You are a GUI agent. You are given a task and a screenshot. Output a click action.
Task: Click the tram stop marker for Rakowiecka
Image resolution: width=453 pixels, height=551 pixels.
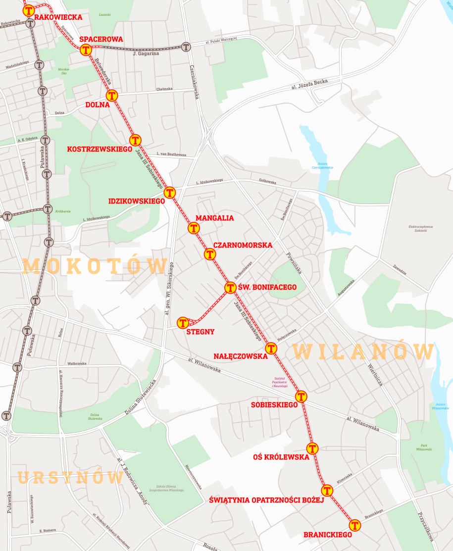pos(29,10)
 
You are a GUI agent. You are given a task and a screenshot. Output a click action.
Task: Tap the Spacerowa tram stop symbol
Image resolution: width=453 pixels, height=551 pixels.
pos(87,50)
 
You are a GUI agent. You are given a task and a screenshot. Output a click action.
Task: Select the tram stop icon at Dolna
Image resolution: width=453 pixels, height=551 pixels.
pos(112,95)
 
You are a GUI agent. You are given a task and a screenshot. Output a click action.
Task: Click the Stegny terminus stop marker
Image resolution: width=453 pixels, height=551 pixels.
pos(183,323)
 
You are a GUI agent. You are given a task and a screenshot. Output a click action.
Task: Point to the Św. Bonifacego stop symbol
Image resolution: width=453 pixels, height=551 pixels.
pos(230,288)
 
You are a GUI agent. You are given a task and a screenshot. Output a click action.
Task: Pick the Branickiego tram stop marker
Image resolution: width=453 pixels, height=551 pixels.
pos(354,525)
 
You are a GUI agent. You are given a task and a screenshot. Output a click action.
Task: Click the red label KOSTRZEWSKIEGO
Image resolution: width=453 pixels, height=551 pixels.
pos(100,149)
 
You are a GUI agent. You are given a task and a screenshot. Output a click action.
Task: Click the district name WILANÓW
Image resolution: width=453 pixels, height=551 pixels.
pos(363,352)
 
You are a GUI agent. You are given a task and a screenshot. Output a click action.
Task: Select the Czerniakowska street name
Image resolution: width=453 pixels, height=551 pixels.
pos(193,82)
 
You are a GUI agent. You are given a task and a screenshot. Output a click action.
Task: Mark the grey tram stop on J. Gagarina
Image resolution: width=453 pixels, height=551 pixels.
pos(186,47)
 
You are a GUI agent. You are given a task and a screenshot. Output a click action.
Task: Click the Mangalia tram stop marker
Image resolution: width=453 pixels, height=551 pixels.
pos(194,228)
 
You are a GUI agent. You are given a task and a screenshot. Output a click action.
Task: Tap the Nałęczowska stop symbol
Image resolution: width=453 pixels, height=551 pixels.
pos(271,348)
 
